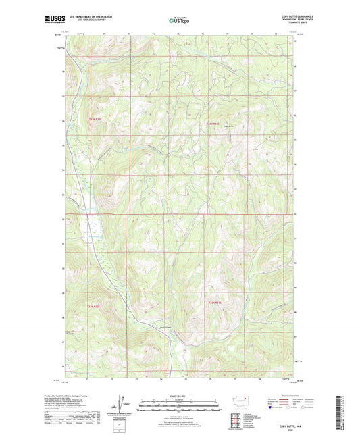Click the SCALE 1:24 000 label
(x=180, y=395)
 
